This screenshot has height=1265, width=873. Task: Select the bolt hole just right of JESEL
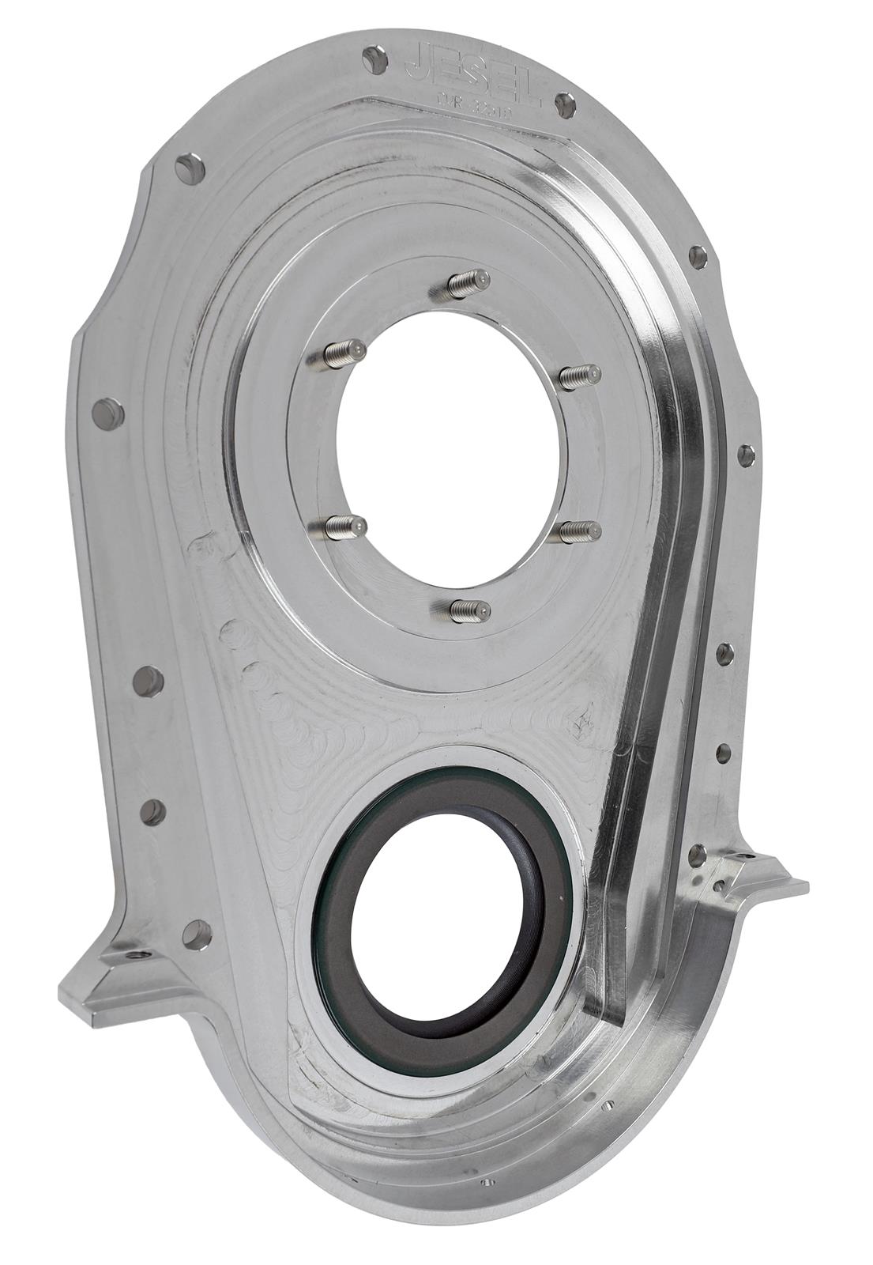pos(563,104)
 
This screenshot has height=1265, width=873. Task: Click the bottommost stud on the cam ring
pos(469,609)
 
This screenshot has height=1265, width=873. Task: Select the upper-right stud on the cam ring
pos(579,376)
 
